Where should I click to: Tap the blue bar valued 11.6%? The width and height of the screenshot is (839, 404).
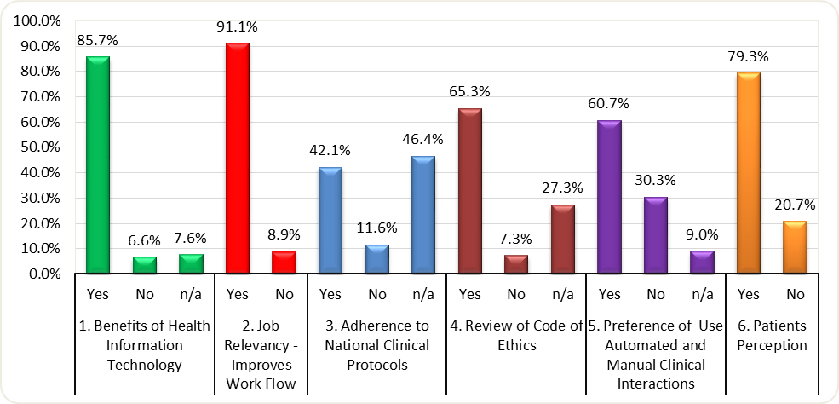coord(376,259)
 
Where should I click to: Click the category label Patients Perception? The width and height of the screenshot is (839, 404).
coord(772,336)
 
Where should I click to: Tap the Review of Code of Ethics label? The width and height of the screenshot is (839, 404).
coord(515,336)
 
